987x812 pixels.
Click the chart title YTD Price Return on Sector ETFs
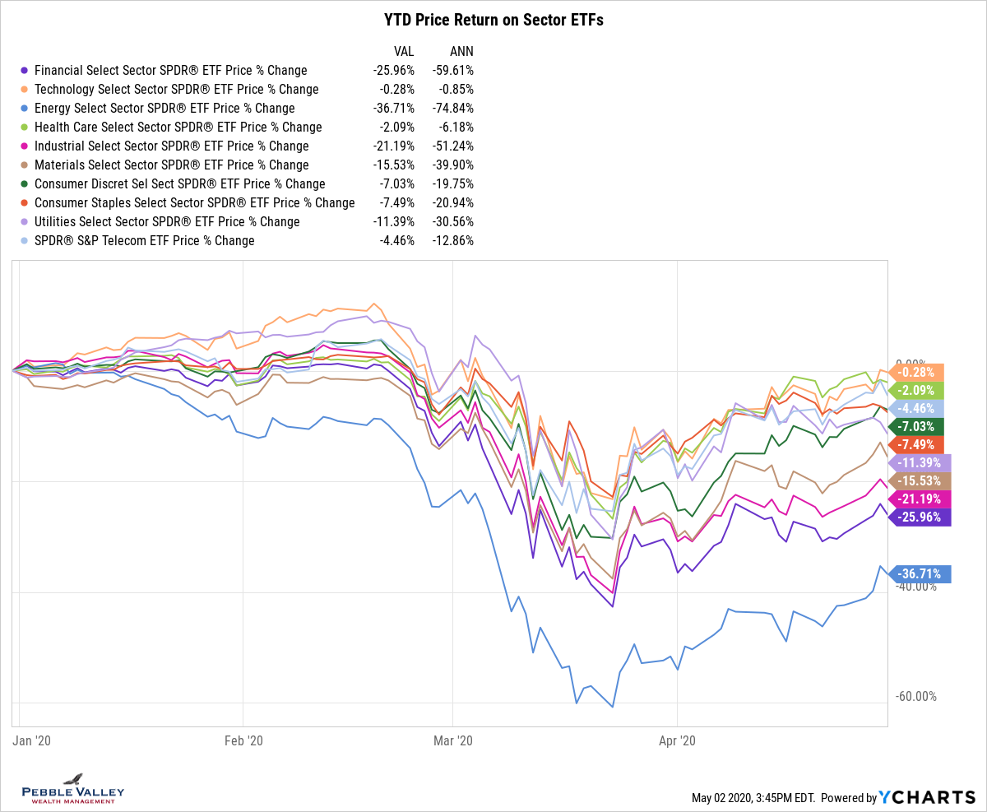pos(493,20)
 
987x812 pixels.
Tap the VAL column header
pos(404,50)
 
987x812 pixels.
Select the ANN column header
pos(461,50)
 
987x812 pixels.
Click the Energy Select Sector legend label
pos(164,108)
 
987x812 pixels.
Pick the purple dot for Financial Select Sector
pos(25,70)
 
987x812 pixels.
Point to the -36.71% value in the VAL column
pos(394,108)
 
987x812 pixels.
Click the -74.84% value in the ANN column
pos(452,108)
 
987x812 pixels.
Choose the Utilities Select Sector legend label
pos(167,221)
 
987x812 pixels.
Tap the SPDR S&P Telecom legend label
pos(145,240)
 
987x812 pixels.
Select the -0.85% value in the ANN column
pos(456,89)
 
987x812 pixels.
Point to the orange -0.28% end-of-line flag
pos(918,372)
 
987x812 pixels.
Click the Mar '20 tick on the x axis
pos(454,740)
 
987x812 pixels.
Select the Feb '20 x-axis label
pos(244,740)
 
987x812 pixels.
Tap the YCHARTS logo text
pos(927,796)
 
